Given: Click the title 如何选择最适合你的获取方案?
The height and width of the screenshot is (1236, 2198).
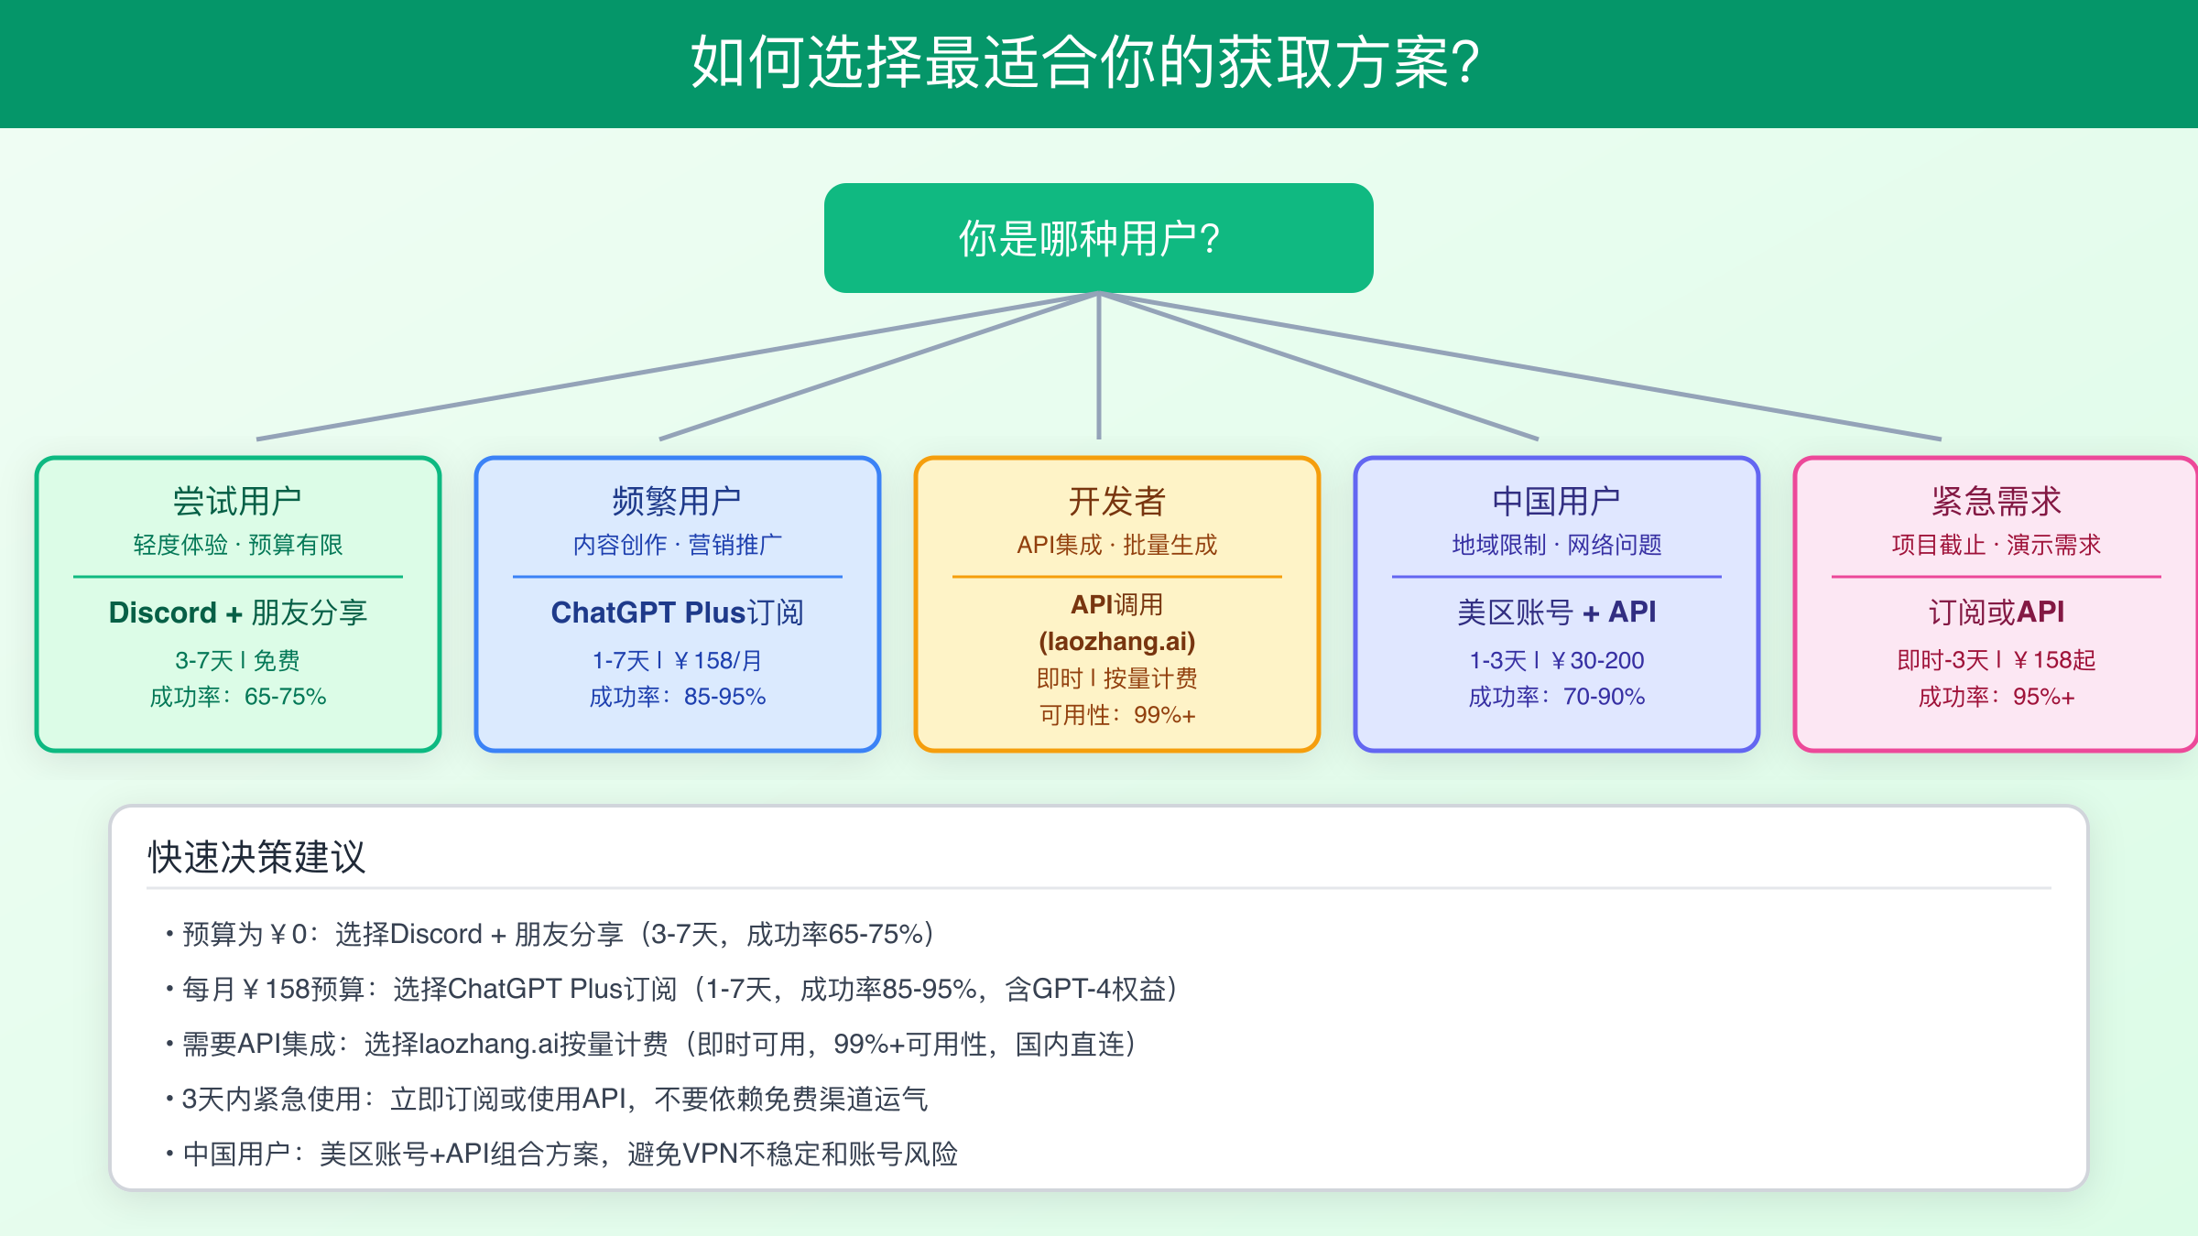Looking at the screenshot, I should click(x=1085, y=62).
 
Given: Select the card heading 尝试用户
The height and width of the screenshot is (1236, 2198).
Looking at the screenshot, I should click(x=237, y=501).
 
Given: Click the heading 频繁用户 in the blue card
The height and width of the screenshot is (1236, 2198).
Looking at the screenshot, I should click(x=677, y=501).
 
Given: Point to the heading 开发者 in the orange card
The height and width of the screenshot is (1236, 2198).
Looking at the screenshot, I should click(x=1116, y=501).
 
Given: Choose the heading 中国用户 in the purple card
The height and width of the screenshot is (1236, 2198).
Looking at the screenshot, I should click(x=1556, y=501).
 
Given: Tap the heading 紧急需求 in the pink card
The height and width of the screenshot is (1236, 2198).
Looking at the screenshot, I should click(x=1996, y=501).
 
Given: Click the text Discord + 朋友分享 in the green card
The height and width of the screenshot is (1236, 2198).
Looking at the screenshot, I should click(x=237, y=613).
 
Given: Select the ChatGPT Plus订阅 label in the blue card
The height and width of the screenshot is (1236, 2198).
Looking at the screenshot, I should click(x=677, y=613).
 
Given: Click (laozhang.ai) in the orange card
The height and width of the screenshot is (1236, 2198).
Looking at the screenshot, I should click(x=1116, y=641).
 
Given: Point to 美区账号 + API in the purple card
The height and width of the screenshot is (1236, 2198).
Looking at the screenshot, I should click(x=1556, y=612).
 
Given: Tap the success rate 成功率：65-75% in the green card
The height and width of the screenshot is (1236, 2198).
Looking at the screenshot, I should click(x=237, y=697).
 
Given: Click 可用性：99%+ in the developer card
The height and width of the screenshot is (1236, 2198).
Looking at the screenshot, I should click(x=1116, y=715).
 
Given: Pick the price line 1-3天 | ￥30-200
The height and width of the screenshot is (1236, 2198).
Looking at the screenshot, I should click(x=1556, y=660).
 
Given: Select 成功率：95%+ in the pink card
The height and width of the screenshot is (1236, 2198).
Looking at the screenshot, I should click(x=1996, y=697).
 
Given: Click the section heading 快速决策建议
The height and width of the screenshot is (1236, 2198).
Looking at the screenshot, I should click(x=256, y=857).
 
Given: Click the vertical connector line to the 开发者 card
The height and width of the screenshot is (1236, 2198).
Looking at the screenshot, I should click(x=1098, y=366).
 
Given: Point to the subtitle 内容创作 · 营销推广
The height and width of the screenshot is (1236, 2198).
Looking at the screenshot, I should click(x=677, y=545).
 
